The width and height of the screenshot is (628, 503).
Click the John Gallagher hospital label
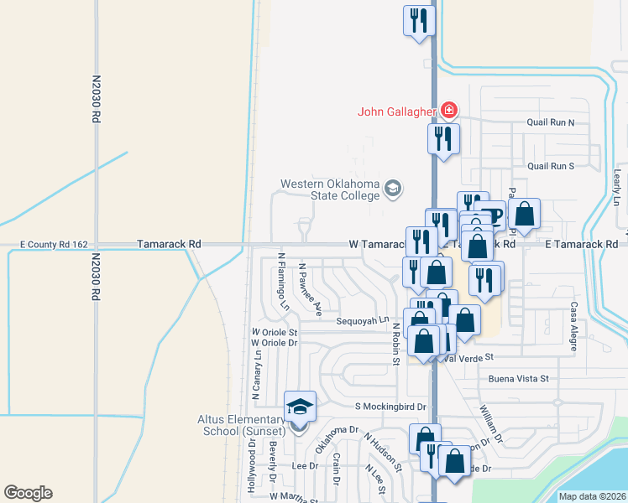coord(397,111)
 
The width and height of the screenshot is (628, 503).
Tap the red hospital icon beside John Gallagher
coord(449,110)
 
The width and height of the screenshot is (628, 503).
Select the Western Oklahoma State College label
coord(330,189)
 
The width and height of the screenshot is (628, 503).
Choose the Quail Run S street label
coord(550,166)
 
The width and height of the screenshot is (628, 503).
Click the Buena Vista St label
coord(518,379)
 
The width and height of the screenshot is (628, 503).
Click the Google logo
coord(29,493)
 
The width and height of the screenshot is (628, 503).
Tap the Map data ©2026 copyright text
coord(592,496)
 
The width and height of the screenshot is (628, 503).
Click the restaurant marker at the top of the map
coord(418,20)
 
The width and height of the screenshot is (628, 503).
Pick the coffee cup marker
coord(490,215)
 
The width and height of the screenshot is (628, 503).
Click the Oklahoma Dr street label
coord(330,441)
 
